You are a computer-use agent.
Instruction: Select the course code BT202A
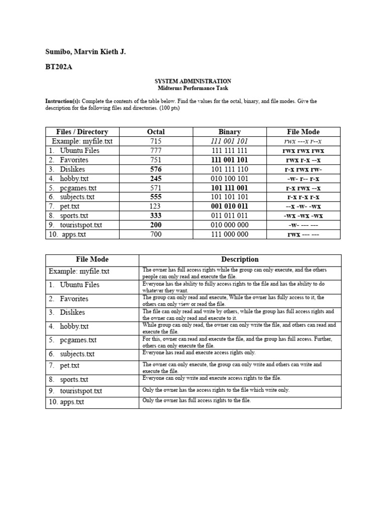coord(58,67)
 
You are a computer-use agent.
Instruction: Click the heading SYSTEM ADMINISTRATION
coord(193,81)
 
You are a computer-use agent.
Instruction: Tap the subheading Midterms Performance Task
coord(193,88)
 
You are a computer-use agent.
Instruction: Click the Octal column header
coord(156,132)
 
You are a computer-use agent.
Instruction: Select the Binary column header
coord(230,132)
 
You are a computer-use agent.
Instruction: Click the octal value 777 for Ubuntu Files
coord(156,150)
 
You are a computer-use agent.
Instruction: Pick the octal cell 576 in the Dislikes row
coord(156,169)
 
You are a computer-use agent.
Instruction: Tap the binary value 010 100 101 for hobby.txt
coord(230,179)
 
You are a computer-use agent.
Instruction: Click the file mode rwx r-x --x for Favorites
coord(303,160)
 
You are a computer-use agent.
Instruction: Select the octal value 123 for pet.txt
coord(156,206)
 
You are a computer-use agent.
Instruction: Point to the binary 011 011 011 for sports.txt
coord(230,216)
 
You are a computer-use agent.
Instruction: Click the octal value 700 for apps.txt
coord(156,234)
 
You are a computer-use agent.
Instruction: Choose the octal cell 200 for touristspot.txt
coord(156,225)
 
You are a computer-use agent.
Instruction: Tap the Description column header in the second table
coord(240,260)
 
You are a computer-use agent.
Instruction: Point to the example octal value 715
coord(156,141)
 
